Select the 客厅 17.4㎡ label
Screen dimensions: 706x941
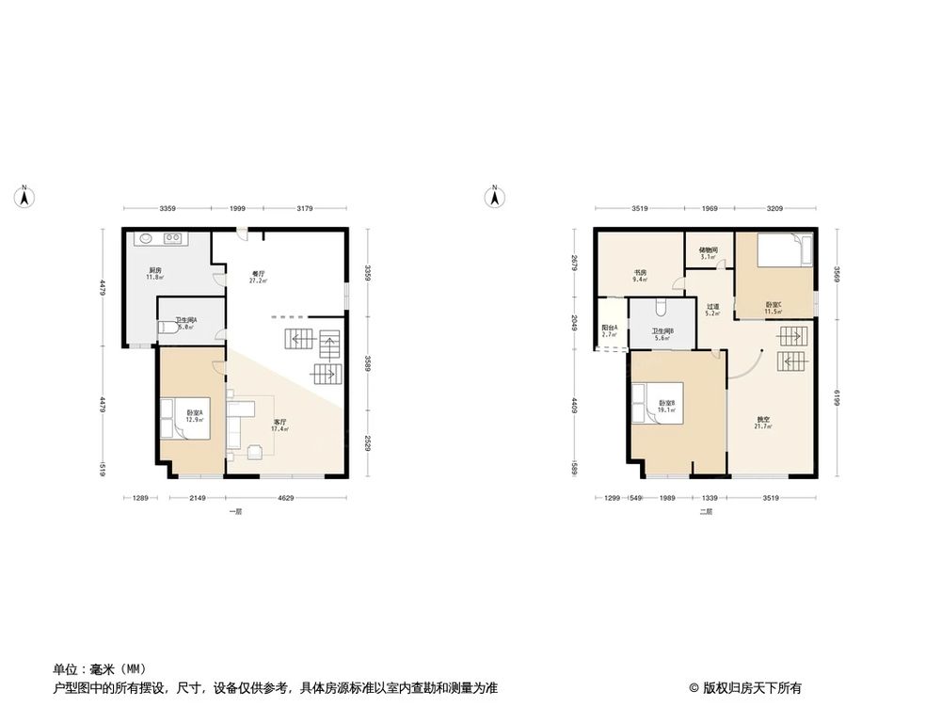coord(280,425)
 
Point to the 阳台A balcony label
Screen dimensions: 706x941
coord(609,330)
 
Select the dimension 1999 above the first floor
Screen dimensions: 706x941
coord(237,208)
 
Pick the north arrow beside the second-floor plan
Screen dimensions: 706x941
coord(492,196)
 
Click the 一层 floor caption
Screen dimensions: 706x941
coord(235,512)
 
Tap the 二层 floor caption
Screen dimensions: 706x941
coord(705,512)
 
